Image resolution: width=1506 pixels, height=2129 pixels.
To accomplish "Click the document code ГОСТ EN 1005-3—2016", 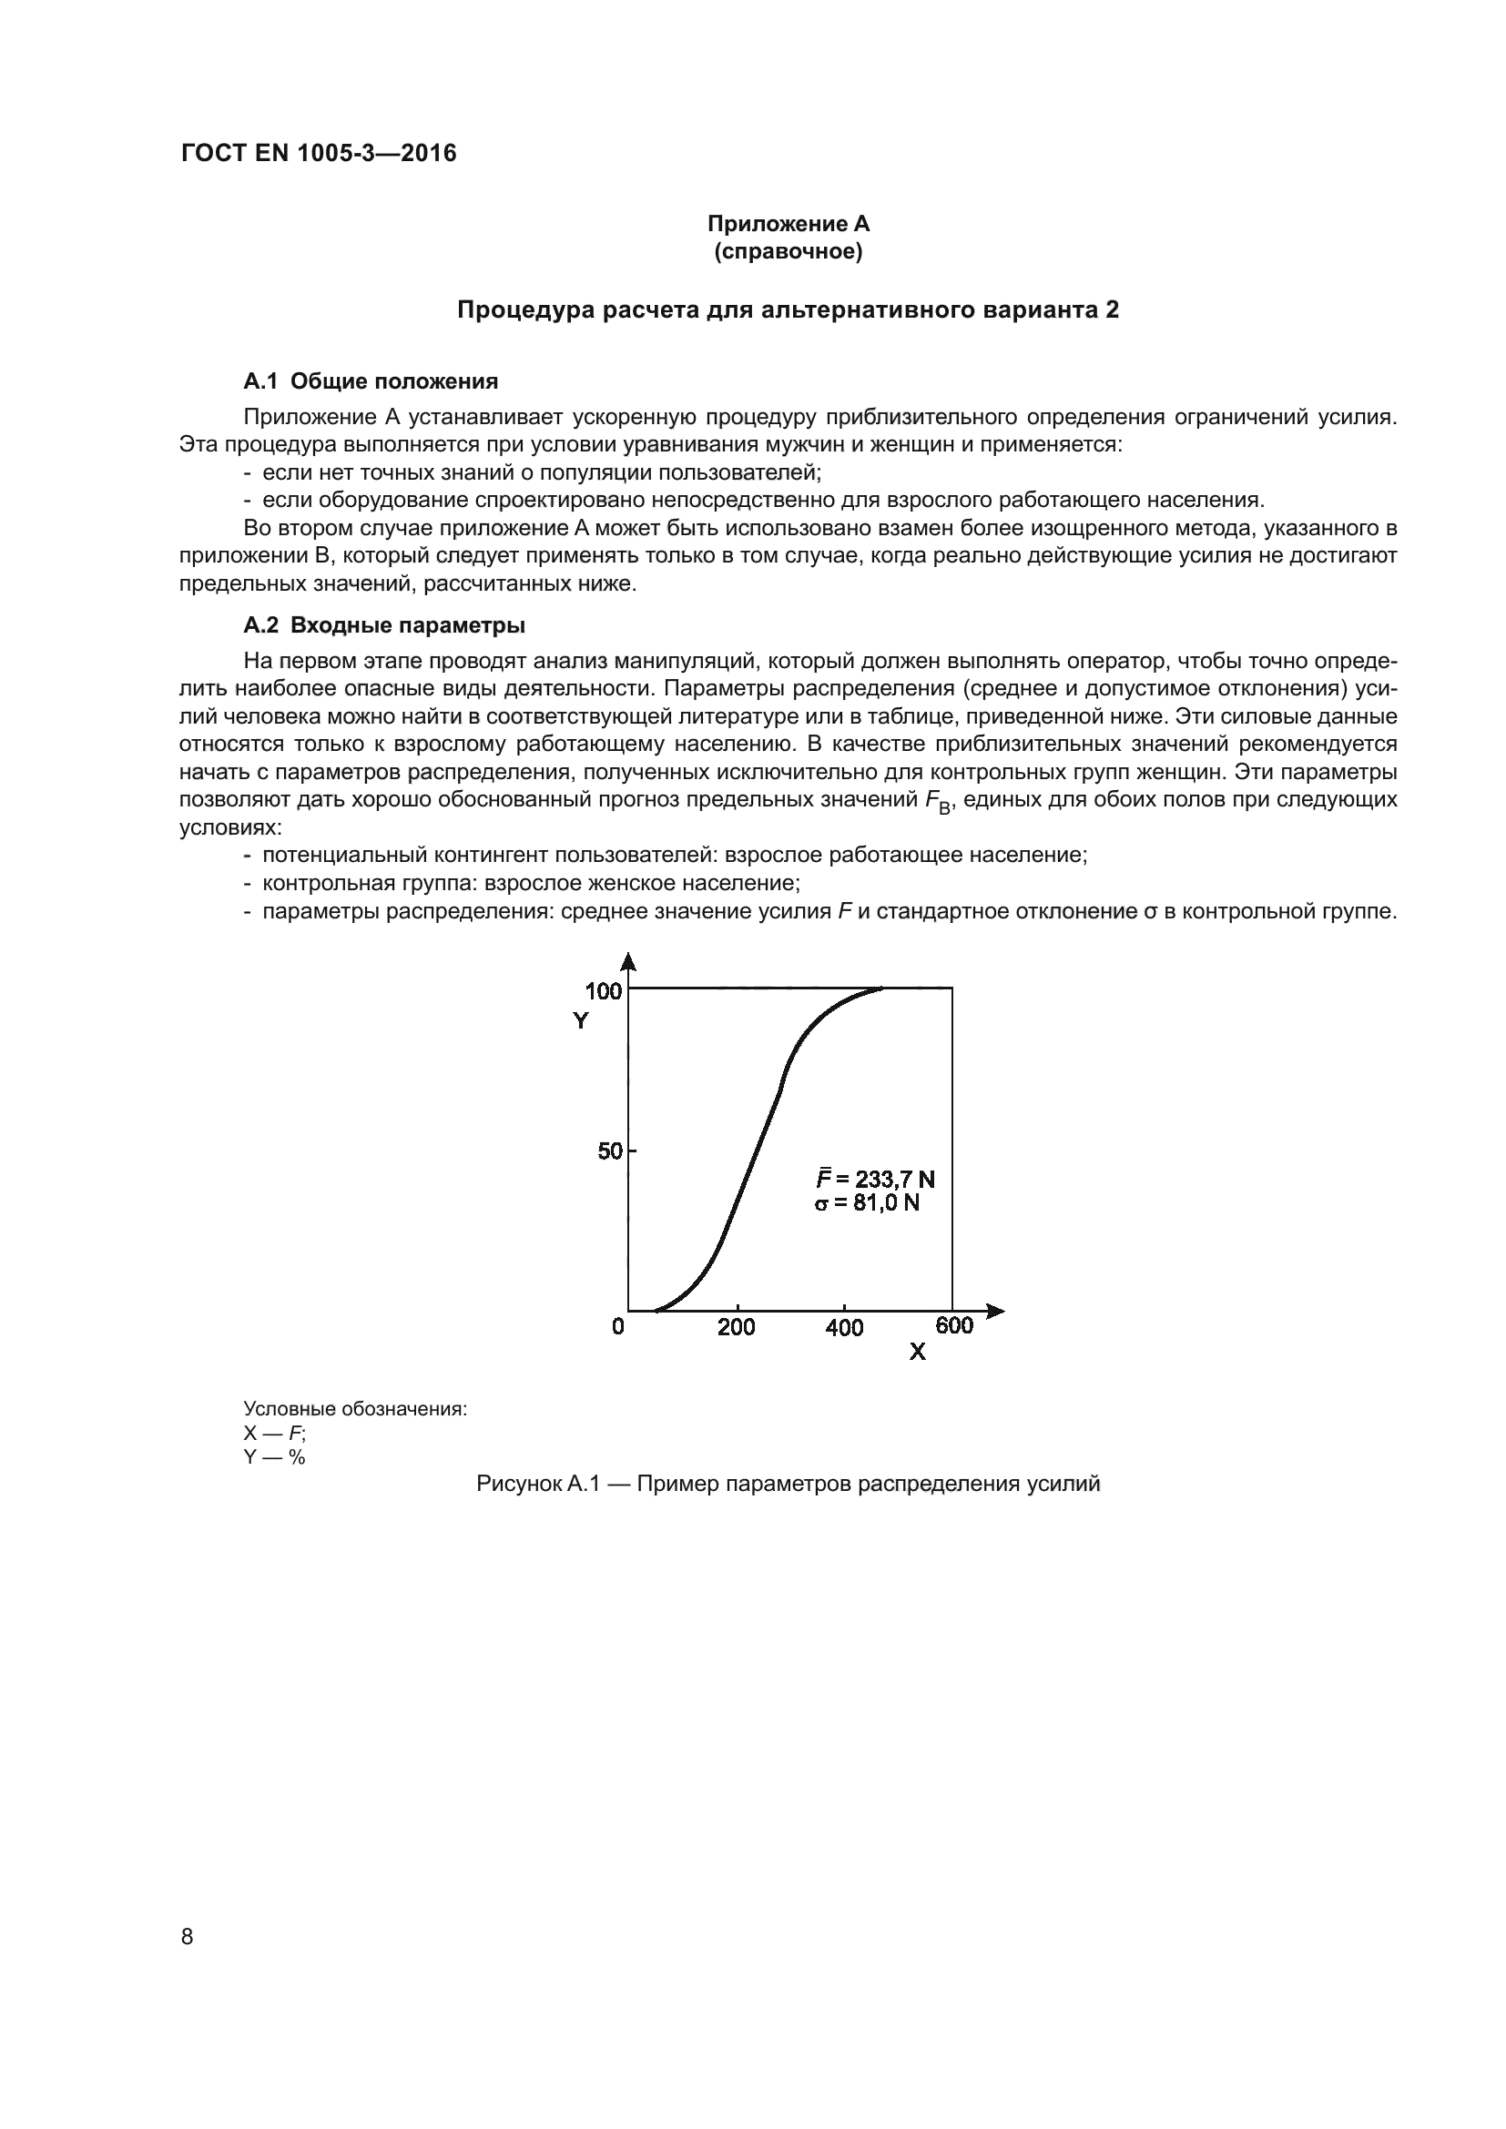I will pos(318,154).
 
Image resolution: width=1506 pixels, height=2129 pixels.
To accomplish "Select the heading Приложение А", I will pos(789,224).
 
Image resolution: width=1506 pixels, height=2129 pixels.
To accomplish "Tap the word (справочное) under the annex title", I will pos(789,252).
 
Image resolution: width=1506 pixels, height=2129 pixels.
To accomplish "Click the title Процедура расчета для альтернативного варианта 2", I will pos(789,309).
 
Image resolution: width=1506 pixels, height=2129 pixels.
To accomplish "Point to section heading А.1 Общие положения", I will pos(371,381).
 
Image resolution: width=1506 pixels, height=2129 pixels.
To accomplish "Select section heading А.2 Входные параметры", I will pos(385,625).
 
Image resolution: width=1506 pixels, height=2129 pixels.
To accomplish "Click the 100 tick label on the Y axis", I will pos(603,991).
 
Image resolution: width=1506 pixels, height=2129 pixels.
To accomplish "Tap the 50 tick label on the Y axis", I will pos(609,1151).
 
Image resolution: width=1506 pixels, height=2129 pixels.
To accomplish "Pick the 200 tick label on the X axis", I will pos(737,1327).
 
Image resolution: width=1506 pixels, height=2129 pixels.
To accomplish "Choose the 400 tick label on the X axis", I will pos(844,1328).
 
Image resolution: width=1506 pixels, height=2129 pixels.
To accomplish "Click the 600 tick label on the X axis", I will pos(954,1326).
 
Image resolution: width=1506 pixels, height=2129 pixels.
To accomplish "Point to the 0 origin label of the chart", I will pos(618,1327).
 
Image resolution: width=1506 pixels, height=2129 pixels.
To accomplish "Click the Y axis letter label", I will pos(581,1021).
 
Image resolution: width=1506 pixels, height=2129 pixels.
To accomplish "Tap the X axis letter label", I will pos(917,1353).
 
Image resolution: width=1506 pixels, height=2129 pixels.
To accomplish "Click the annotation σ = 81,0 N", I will pos(868,1203).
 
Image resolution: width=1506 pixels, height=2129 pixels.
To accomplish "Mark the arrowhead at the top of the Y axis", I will pos(628,960).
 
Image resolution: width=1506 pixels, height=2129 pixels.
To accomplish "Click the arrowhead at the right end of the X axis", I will pos(996,1311).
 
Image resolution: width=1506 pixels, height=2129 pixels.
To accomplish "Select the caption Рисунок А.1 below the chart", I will pos(789,1484).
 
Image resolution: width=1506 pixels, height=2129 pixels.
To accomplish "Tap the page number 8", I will pos(188,1937).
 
